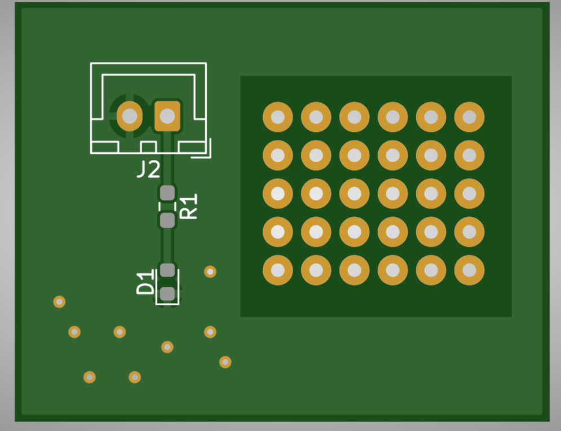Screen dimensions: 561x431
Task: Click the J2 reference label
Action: coord(148,170)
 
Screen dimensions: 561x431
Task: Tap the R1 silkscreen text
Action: coord(188,206)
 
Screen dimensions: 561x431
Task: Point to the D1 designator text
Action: coord(145,283)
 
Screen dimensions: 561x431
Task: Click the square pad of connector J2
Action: coord(167,116)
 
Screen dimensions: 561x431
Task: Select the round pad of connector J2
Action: coord(130,116)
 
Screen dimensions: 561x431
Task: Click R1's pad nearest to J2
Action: coord(167,193)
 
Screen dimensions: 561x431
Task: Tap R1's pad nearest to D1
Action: coord(167,220)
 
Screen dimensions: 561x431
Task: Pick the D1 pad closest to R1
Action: coord(167,270)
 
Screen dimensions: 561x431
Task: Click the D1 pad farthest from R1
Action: coord(167,294)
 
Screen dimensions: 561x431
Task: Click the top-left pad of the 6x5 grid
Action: coord(277,117)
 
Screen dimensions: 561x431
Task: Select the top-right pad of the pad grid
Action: coord(470,117)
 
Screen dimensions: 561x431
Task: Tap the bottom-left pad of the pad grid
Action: coord(277,270)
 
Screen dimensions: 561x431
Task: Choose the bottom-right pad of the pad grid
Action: coord(470,270)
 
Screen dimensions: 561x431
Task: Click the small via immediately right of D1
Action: coord(210,272)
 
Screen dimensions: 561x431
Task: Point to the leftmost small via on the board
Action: coord(59,302)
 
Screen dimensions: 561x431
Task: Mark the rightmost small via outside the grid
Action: coord(225,362)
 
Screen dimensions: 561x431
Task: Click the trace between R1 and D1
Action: coord(167,246)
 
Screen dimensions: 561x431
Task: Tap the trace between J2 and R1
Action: coord(167,158)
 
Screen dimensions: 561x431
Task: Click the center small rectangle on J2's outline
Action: coord(148,147)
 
